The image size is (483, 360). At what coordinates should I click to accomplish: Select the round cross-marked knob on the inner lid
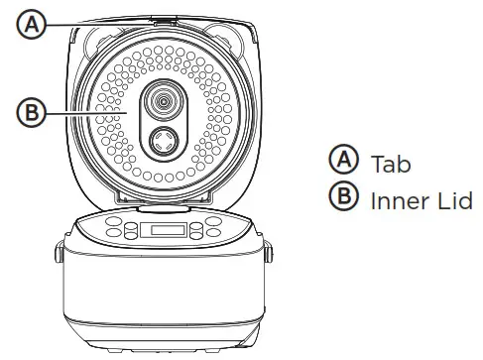(161, 142)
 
